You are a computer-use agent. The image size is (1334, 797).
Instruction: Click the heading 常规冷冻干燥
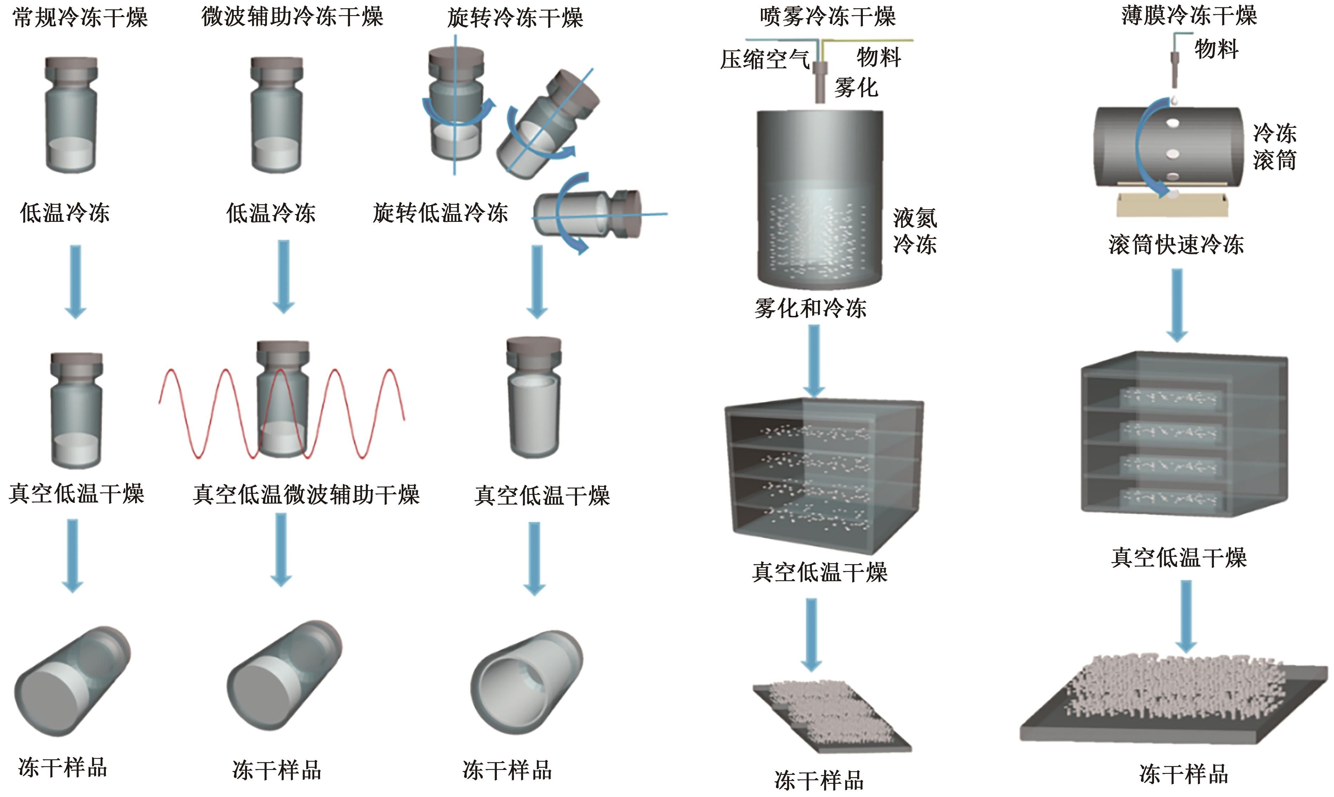[80, 18]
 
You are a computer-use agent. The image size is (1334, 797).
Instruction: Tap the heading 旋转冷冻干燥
[515, 18]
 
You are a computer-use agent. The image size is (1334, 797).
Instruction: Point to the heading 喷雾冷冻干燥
[828, 17]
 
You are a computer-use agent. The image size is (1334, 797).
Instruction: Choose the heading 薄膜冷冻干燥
[1189, 16]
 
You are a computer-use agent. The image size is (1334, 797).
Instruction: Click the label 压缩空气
[764, 59]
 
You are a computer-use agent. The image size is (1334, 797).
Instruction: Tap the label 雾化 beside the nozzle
[856, 87]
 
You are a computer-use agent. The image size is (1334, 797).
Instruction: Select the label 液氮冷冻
[915, 231]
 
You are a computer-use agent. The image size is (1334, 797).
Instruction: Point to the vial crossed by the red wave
[283, 400]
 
